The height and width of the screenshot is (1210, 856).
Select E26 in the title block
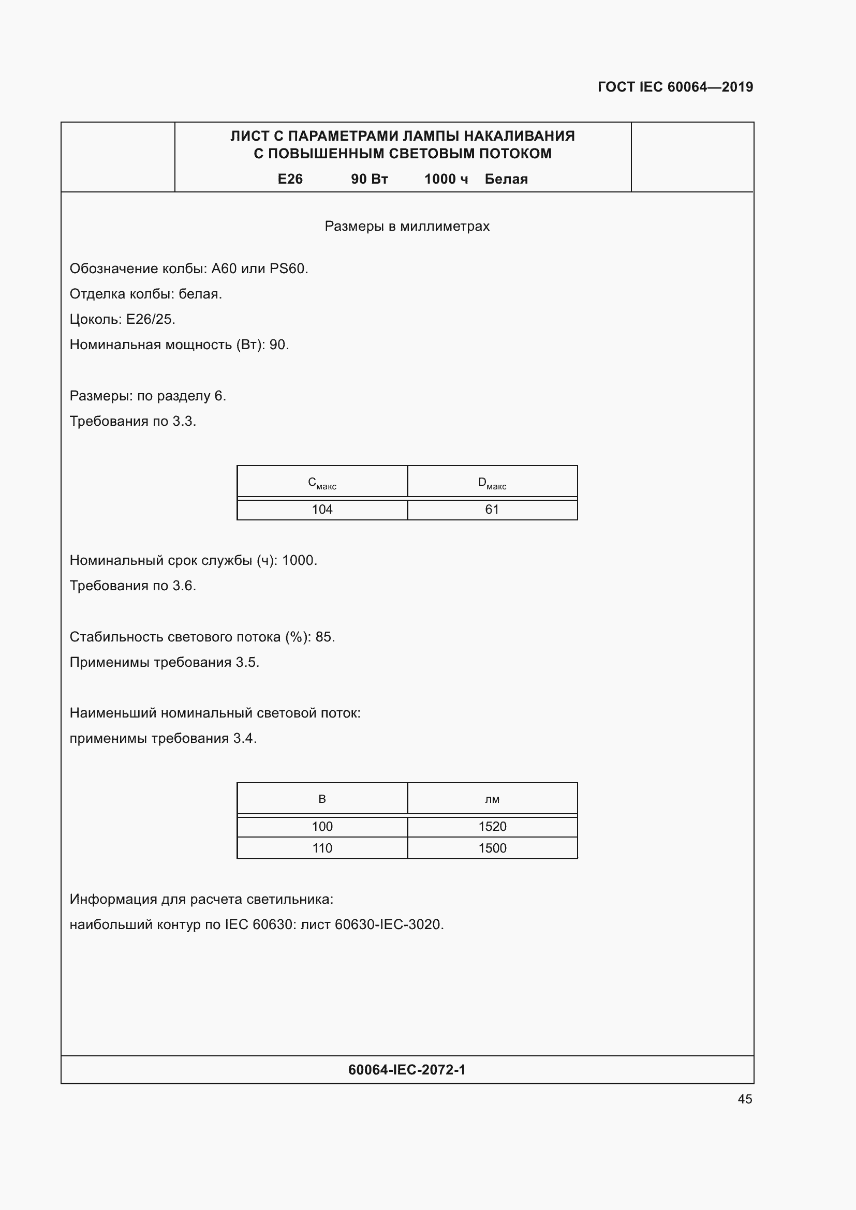click(290, 179)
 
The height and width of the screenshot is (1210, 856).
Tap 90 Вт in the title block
click(369, 179)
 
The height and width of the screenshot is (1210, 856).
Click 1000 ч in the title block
click(446, 179)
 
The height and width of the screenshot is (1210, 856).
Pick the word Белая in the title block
click(506, 179)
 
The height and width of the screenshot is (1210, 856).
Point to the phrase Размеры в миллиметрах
click(407, 226)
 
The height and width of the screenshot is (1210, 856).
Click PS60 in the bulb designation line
click(287, 269)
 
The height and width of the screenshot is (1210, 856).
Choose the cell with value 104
click(322, 510)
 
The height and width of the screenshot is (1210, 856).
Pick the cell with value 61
click(492, 510)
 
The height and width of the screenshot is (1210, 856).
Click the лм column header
click(492, 799)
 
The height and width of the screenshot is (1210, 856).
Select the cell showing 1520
click(492, 826)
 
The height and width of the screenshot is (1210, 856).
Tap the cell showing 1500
click(492, 848)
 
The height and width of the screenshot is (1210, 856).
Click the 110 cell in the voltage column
click(322, 848)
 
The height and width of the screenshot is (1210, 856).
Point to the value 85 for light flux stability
click(323, 637)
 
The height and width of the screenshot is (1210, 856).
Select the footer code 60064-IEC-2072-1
click(407, 1069)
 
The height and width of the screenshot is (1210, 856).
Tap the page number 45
click(745, 1099)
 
